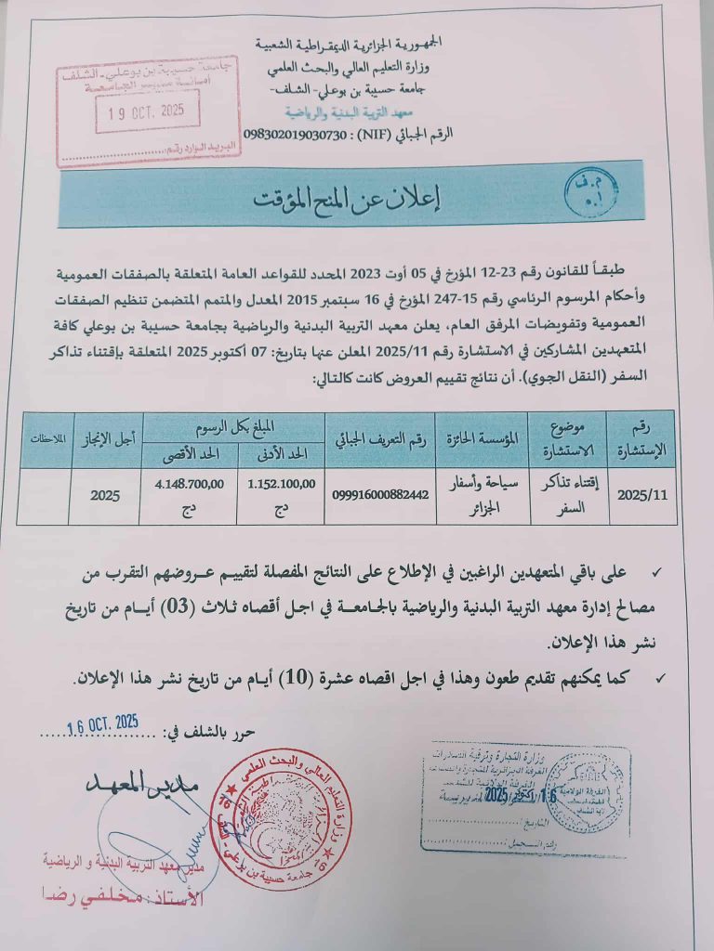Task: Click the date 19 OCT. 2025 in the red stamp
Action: [146, 111]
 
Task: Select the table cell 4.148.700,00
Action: [184, 483]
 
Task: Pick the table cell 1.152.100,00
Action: [282, 483]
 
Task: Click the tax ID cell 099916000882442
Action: [381, 494]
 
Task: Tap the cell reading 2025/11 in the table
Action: [641, 495]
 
